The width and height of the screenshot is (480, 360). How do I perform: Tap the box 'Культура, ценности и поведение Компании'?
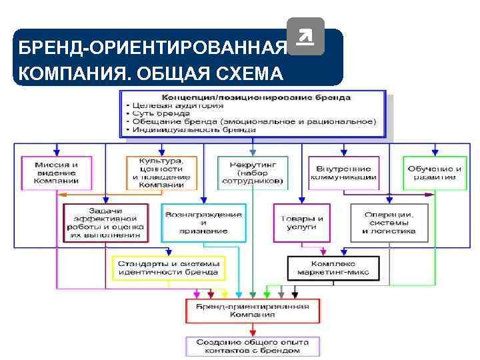coord(159,173)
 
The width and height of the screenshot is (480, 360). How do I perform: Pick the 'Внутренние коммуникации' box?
coord(343,173)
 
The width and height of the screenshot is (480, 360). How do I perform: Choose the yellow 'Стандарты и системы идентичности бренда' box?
coord(167,267)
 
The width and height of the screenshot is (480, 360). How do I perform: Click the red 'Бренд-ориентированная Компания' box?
coord(252,311)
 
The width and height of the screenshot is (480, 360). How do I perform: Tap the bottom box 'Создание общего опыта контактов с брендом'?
coord(252,345)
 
